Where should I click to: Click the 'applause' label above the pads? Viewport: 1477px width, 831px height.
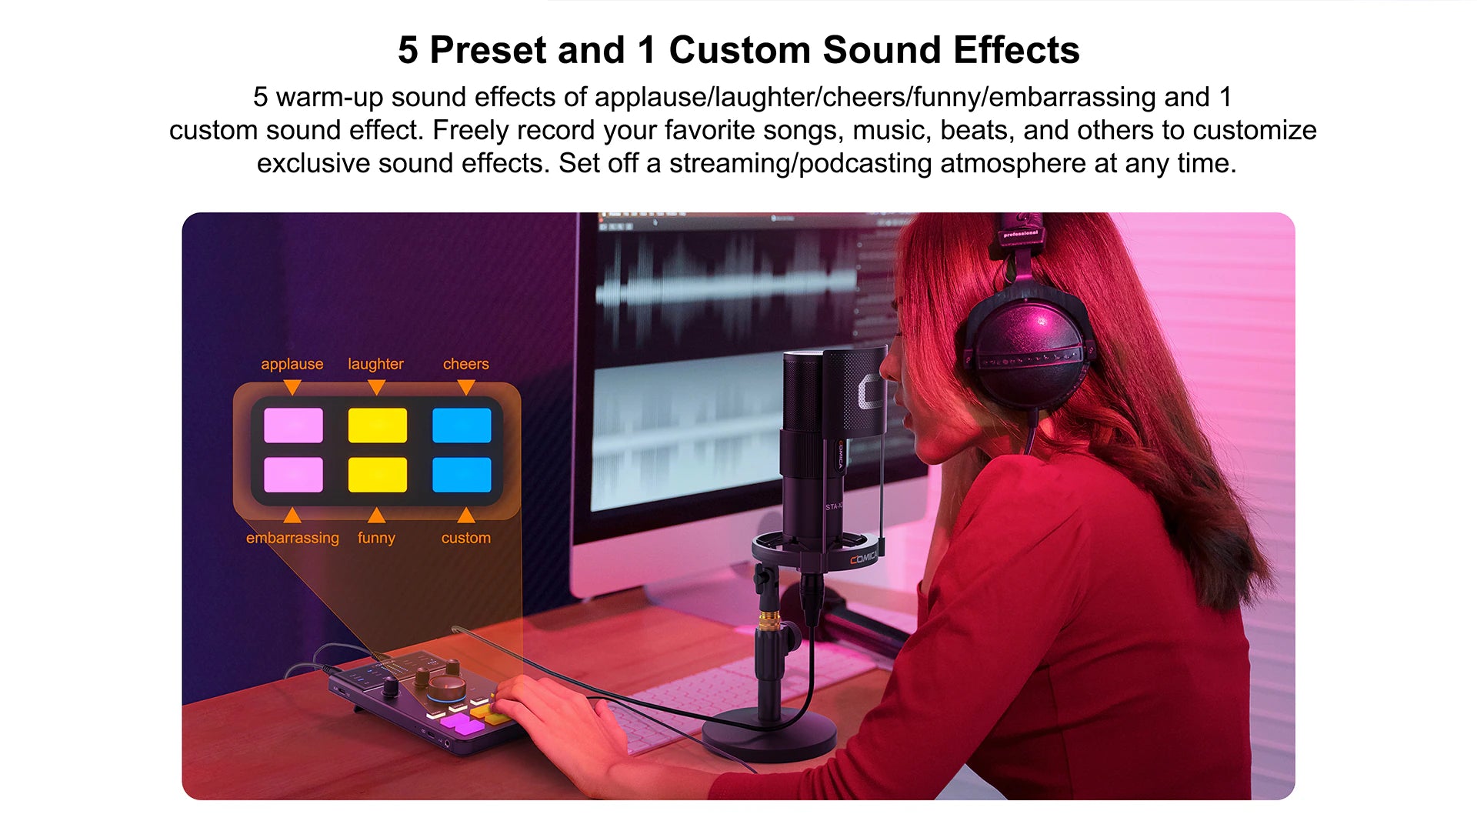(292, 364)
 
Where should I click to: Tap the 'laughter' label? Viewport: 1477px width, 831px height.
(375, 364)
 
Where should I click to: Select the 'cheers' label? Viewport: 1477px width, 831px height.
(465, 364)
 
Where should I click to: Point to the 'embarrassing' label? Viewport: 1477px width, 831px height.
(292, 538)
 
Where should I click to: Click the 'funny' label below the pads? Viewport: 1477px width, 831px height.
(376, 538)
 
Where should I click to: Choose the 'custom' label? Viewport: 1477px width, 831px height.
(465, 538)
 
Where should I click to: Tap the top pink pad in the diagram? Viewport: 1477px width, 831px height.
(293, 426)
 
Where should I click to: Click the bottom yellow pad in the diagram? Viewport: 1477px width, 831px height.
(377, 475)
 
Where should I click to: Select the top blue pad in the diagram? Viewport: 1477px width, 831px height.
(462, 426)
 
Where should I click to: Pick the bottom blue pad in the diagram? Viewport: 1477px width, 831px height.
(462, 475)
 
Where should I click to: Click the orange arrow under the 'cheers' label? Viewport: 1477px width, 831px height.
(465, 387)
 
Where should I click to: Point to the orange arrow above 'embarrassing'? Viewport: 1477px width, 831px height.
(292, 516)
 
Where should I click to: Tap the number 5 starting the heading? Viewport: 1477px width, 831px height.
(408, 50)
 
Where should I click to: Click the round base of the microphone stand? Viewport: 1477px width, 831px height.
(769, 735)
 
